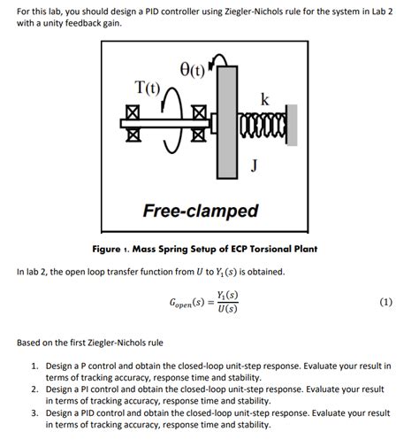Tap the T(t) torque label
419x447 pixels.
pos(146,89)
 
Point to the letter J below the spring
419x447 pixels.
pos(254,163)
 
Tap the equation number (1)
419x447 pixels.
pos(385,302)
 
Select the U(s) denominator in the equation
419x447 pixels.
pos(225,311)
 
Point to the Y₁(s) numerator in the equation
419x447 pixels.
pos(225,296)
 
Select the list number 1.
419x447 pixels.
pos(34,365)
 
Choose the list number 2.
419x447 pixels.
pos(34,389)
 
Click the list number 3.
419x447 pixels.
pos(34,412)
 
